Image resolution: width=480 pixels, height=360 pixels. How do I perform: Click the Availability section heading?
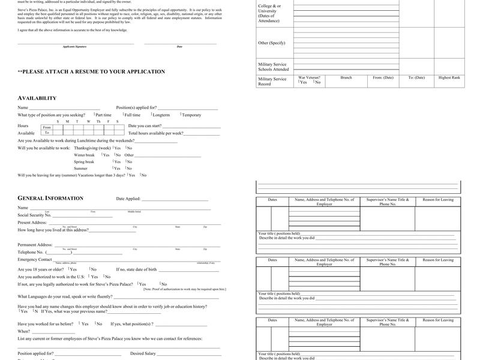click(x=37, y=98)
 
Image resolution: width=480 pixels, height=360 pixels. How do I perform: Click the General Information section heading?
click(x=50, y=198)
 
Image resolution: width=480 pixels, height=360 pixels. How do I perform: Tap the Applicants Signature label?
click(x=75, y=46)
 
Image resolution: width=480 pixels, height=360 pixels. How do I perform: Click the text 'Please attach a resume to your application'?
click(x=91, y=72)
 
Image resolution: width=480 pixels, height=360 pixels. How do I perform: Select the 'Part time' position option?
click(x=103, y=115)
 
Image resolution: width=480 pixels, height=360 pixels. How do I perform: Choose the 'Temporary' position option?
click(x=191, y=115)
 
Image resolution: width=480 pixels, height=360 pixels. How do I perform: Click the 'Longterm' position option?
click(x=161, y=115)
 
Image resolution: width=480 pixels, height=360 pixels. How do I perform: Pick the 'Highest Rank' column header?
click(x=449, y=77)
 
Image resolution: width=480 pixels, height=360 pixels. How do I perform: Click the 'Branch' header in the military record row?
click(x=346, y=77)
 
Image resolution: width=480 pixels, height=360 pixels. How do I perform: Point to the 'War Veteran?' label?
click(x=310, y=77)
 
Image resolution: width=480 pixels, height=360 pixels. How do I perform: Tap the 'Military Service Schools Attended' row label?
click(x=274, y=67)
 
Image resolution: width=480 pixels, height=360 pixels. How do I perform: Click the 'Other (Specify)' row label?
click(x=272, y=43)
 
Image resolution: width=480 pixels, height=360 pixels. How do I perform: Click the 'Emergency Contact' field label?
click(x=35, y=259)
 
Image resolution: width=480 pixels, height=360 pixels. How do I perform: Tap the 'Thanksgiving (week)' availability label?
click(x=92, y=148)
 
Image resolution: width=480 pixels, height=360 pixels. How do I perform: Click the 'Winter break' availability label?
click(x=85, y=155)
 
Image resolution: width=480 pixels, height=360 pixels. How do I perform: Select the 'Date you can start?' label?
click(x=145, y=126)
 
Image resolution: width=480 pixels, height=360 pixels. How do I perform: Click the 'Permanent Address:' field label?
click(x=35, y=245)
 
